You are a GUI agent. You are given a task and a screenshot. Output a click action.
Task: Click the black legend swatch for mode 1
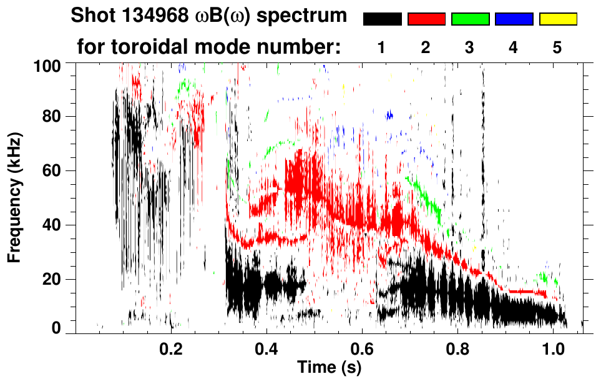click(382, 19)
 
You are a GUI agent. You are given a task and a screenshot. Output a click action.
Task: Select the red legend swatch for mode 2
click(426, 19)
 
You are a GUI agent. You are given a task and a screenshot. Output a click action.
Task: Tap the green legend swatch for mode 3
click(470, 19)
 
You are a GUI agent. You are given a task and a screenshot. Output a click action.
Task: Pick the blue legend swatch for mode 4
click(514, 19)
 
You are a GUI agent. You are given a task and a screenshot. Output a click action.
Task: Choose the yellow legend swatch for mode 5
click(558, 19)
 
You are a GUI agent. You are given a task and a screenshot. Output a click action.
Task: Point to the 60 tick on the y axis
click(53, 170)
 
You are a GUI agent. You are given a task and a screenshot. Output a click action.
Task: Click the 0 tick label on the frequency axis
click(57, 327)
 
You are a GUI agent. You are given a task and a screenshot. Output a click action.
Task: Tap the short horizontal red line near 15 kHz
click(528, 292)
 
